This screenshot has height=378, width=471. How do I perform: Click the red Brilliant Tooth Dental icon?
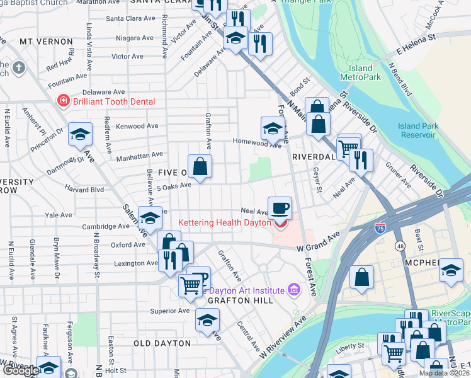click(x=62, y=101)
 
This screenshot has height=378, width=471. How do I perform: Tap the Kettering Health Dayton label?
click(x=224, y=223)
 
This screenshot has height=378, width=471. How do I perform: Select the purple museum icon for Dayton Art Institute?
click(x=293, y=290)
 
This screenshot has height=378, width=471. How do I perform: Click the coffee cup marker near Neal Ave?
click(x=280, y=207)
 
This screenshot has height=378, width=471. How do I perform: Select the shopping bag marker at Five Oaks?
click(x=200, y=167)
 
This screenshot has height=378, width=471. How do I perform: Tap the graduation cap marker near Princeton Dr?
click(x=80, y=134)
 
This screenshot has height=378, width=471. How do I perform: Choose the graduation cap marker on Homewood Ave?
click(x=272, y=129)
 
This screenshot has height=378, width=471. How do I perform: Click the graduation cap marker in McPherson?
click(x=450, y=270)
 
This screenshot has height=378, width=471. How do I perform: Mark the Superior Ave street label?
click(x=169, y=311)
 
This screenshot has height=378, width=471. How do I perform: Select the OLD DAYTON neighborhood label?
click(x=162, y=343)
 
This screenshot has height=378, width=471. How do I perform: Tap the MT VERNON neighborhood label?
click(x=46, y=42)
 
